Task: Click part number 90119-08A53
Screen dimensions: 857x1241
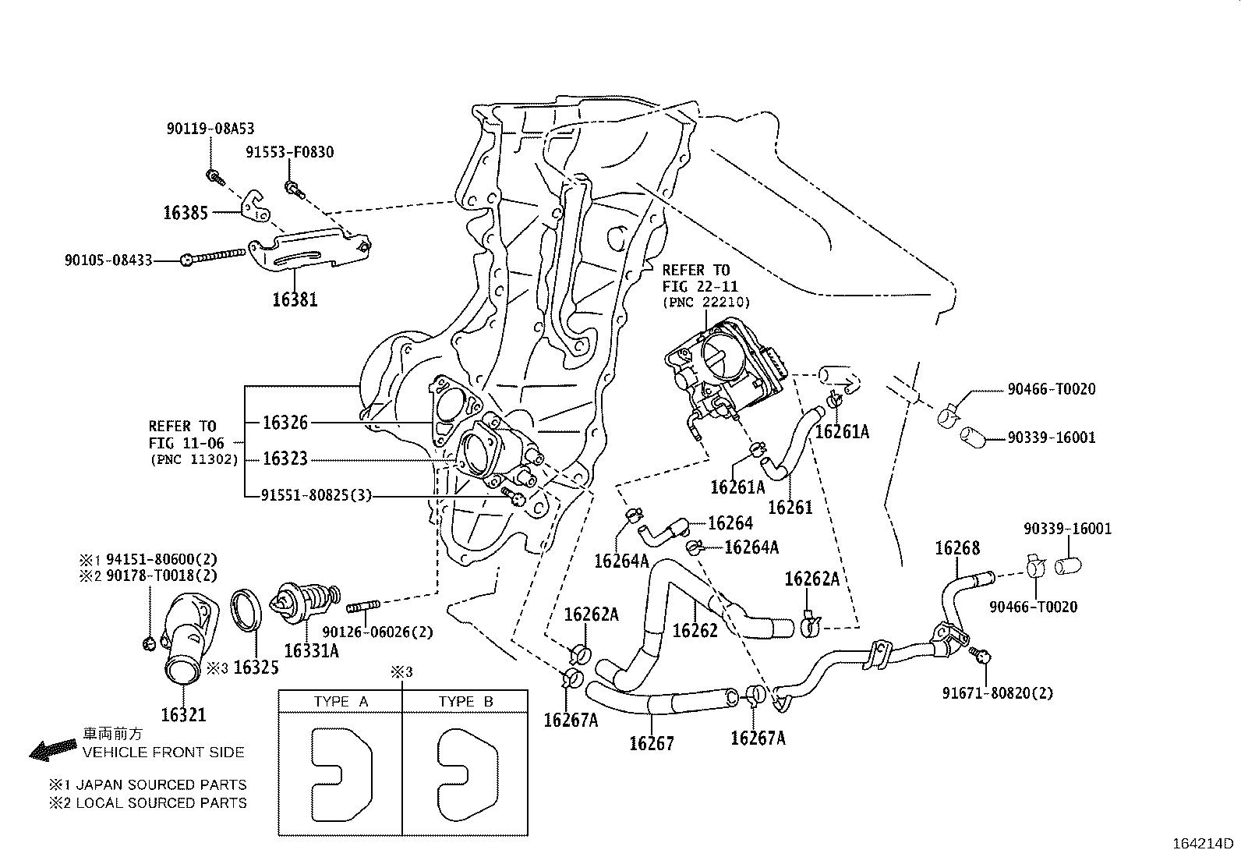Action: tap(210, 129)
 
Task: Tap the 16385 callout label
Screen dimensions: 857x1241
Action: tap(186, 213)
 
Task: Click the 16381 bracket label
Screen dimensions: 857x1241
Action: tap(295, 299)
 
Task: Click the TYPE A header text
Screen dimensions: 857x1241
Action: tap(340, 701)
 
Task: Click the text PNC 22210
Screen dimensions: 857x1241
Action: tap(705, 303)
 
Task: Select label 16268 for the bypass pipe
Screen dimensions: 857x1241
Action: tap(957, 549)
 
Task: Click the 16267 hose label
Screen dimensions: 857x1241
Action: tap(652, 743)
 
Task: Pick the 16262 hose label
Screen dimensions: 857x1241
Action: tap(695, 630)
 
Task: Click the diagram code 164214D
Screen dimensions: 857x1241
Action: tap(1204, 844)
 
